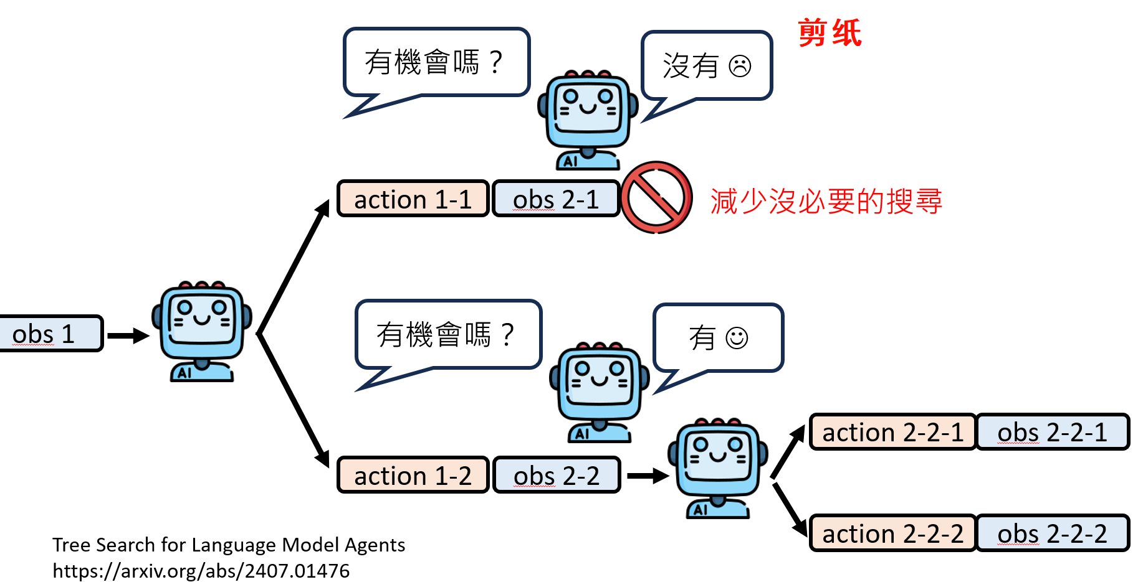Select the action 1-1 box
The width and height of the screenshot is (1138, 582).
click(x=413, y=199)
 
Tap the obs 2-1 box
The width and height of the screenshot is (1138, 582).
click(x=555, y=199)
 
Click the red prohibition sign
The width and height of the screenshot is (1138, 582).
click(x=656, y=198)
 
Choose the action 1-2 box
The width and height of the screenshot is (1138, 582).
click(x=413, y=476)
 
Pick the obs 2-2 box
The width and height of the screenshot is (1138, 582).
click(x=556, y=476)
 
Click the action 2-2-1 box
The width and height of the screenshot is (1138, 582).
click(x=892, y=432)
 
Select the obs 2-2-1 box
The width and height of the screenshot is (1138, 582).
click(x=1052, y=432)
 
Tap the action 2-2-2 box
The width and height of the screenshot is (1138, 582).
click(x=892, y=533)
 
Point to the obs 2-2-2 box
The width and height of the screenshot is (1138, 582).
click(x=1052, y=533)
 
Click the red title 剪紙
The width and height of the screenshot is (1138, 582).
click(x=830, y=33)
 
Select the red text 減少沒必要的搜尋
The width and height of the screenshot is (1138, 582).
click(x=826, y=202)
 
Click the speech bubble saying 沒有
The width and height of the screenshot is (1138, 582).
click(x=706, y=65)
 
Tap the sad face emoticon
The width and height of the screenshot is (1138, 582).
click(x=740, y=66)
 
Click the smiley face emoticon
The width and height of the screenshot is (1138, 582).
click(x=737, y=338)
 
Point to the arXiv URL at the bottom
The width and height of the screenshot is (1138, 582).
click(x=201, y=571)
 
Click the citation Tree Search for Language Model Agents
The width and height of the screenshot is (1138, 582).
click(x=228, y=545)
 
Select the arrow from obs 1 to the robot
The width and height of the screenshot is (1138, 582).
click(x=128, y=336)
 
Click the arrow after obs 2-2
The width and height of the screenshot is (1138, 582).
click(x=647, y=476)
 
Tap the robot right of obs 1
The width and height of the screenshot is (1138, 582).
click(x=202, y=330)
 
